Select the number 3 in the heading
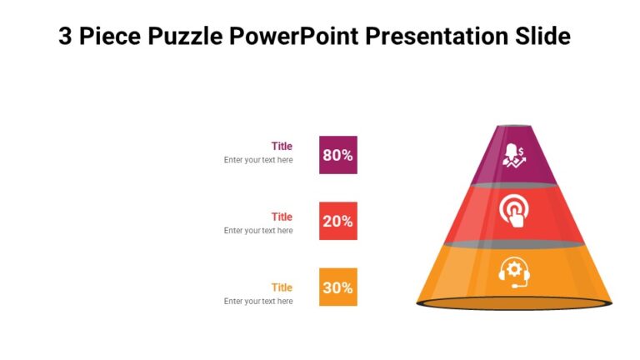pos(65,37)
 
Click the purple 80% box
pos(337,155)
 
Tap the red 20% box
pos(337,222)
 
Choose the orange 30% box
pos(337,287)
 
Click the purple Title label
pos(282,146)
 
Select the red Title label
pos(282,217)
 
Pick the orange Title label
pos(282,287)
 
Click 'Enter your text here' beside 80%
pos(258,160)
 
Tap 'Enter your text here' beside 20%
pos(258,231)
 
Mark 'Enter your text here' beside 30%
pos(258,302)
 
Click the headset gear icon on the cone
pos(513,272)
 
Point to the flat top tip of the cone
pos(513,127)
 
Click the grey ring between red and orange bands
pos(513,244)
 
